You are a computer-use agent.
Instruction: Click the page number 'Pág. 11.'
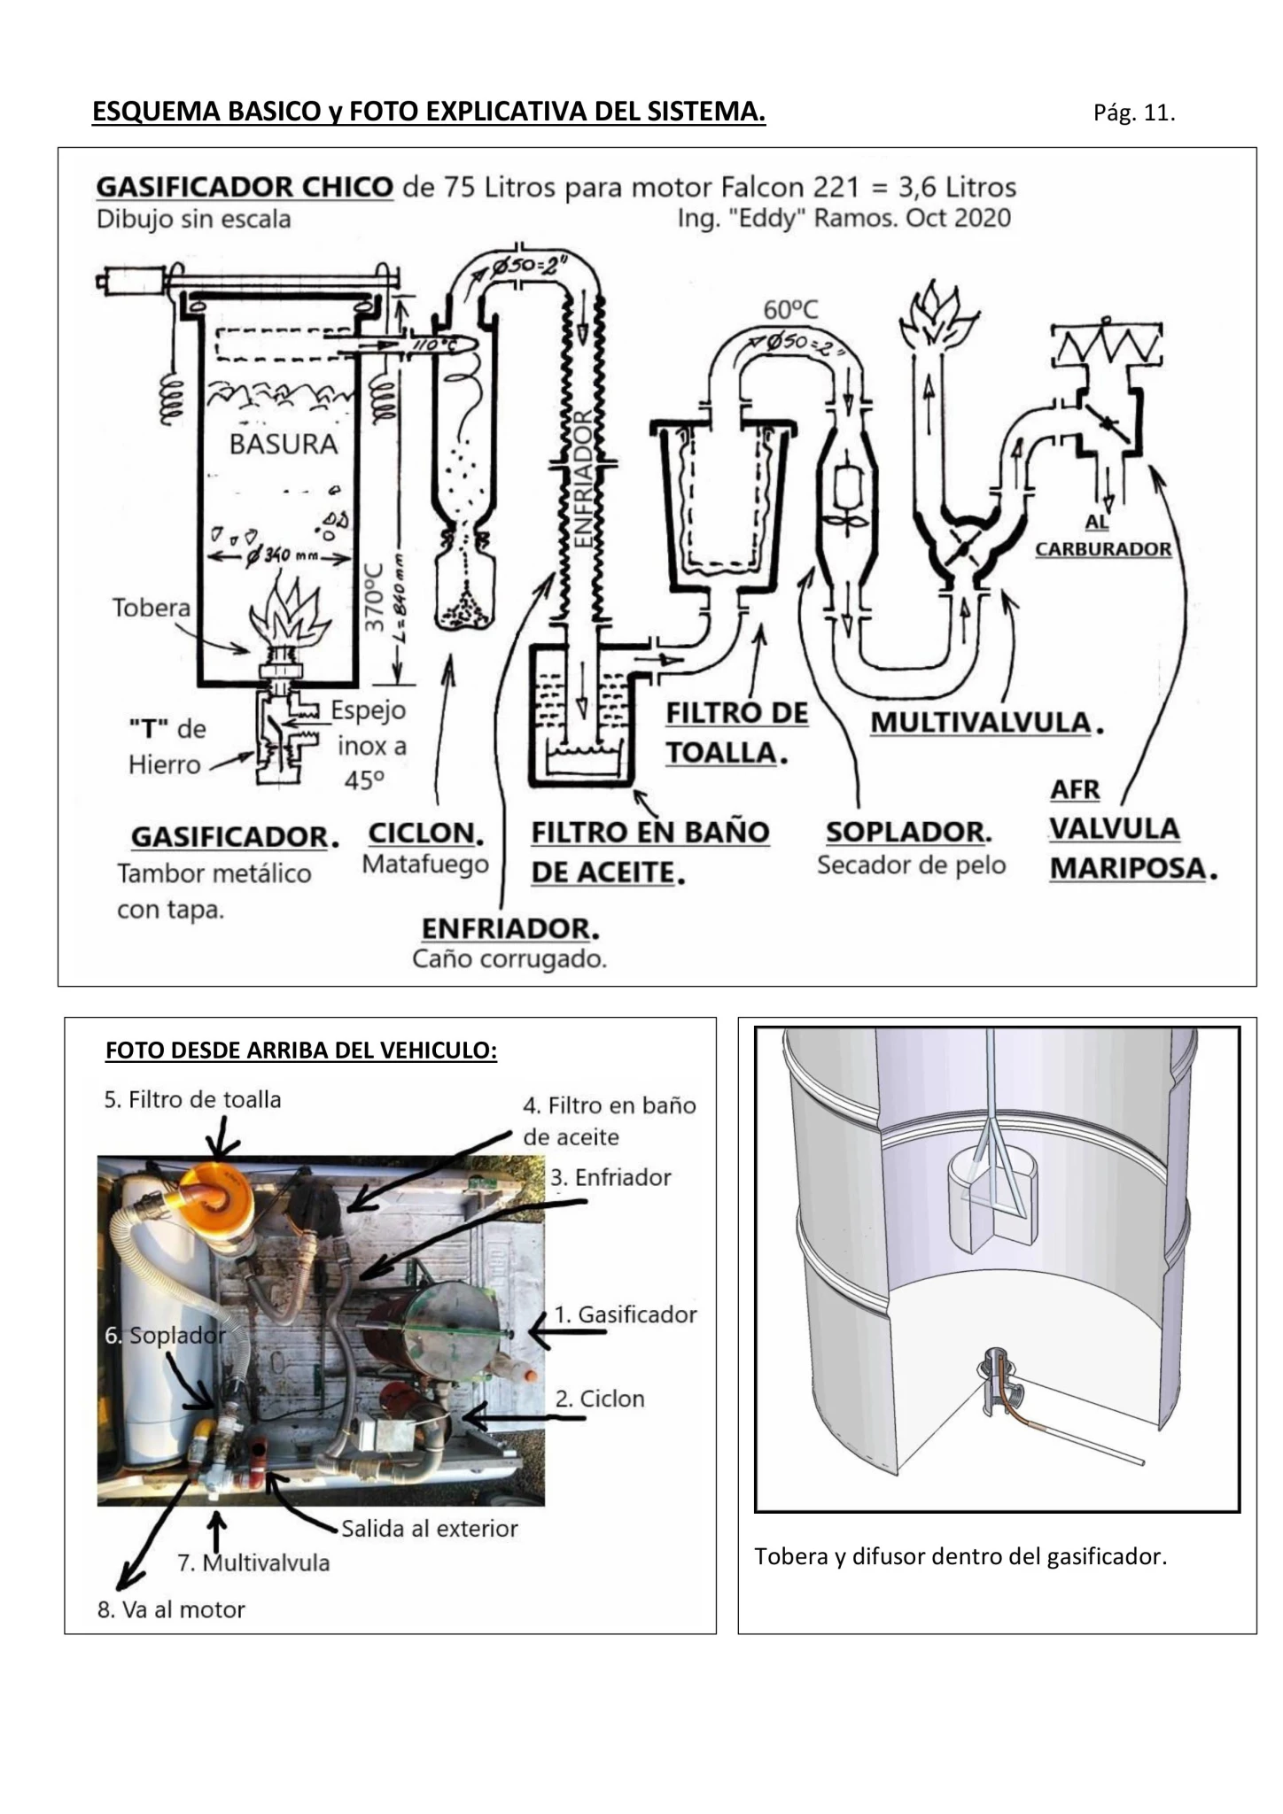[x=1134, y=113]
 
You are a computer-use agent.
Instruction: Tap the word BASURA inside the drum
[x=284, y=444]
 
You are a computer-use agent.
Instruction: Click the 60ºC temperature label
[x=791, y=309]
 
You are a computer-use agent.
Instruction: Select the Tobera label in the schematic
[x=152, y=608]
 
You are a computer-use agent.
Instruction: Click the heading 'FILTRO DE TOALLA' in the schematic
[x=737, y=733]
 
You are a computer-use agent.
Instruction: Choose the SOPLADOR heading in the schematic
[x=906, y=832]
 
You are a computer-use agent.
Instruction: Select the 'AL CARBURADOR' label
[x=1102, y=536]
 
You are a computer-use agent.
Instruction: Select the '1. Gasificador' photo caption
[x=626, y=1314]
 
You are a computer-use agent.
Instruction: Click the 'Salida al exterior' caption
[x=430, y=1529]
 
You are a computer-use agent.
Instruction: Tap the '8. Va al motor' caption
[x=171, y=1609]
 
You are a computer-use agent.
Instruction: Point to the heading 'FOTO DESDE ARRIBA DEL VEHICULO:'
[x=301, y=1050]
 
